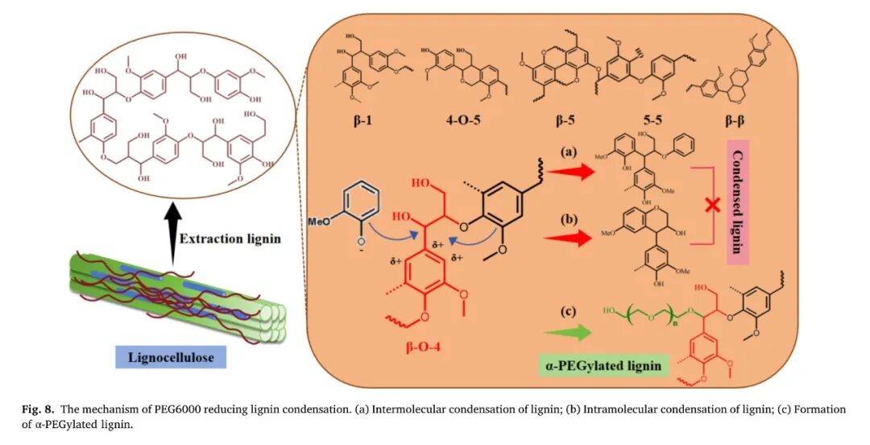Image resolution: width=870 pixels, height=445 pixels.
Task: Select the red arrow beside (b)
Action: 569,238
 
